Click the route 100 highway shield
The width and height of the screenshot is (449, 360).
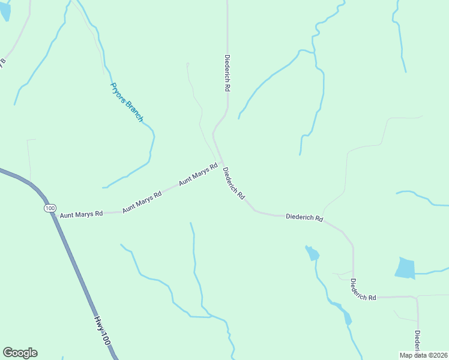[49, 208]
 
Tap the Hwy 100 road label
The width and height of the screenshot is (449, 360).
[104, 331]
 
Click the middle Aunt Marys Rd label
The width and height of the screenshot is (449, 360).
[142, 202]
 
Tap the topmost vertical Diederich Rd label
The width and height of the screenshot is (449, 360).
[228, 73]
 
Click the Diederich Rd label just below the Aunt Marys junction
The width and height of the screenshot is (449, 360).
[234, 184]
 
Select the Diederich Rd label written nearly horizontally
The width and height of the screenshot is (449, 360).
[304, 217]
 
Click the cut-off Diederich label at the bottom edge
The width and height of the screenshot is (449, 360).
[417, 341]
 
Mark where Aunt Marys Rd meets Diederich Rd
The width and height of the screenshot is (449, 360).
[222, 163]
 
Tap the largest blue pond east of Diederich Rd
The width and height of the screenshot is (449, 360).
[405, 268]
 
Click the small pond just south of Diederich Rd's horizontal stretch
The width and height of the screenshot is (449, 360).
[312, 253]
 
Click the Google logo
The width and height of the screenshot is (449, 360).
[20, 353]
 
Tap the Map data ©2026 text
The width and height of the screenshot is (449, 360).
[423, 355]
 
